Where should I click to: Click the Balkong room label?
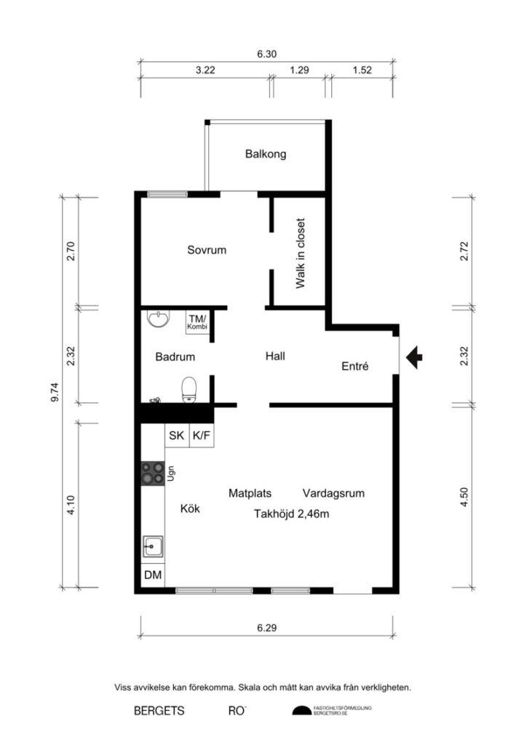pos(266,154)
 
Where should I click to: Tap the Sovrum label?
pos(207,250)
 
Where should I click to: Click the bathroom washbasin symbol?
pos(158,319)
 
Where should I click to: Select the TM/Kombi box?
pos(197,322)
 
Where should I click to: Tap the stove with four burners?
pos(153,474)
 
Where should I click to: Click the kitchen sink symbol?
pos(153,546)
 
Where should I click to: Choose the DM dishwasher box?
pos(153,575)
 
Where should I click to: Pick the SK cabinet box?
pos(177,437)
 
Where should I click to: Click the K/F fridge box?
pos(201,437)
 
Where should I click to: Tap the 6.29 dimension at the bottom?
pos(268,627)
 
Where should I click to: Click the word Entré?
pos(355,367)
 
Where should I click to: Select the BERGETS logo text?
pos(159,711)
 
